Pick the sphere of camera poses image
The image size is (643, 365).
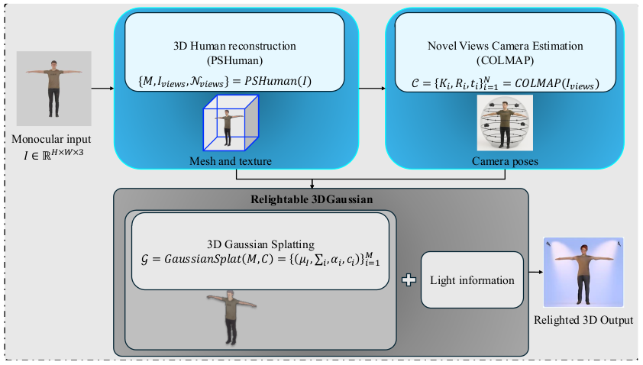(x=504, y=123)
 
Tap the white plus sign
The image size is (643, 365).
(x=409, y=280)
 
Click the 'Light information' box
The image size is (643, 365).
(x=473, y=280)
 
